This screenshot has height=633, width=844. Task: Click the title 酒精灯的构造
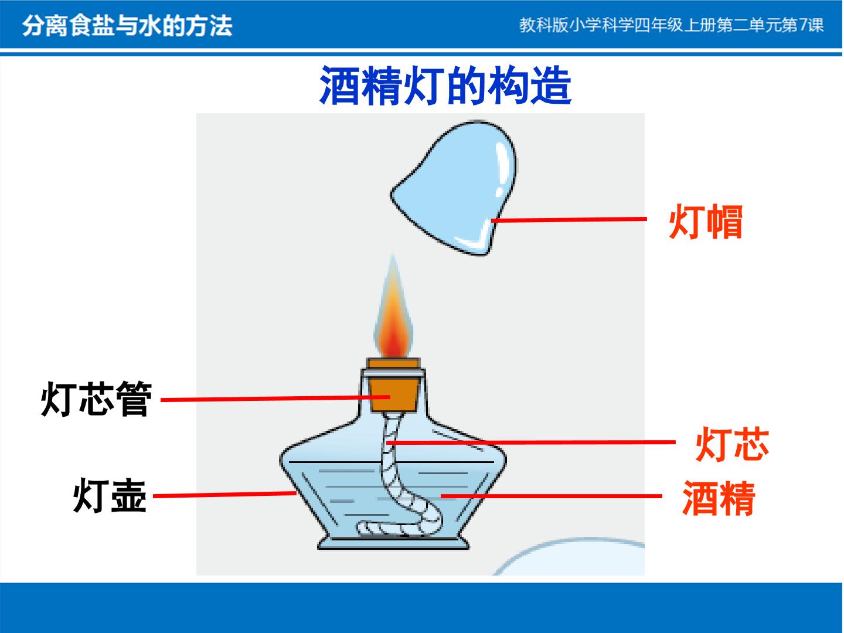click(x=445, y=86)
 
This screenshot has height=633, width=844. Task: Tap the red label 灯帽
click(x=706, y=222)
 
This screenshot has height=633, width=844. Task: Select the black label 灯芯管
click(x=96, y=399)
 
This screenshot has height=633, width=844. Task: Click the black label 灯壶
click(x=110, y=496)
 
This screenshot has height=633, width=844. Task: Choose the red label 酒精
click(x=719, y=498)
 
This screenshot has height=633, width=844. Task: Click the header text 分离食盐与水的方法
click(x=127, y=26)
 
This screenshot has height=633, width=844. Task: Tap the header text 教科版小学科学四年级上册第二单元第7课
click(x=671, y=25)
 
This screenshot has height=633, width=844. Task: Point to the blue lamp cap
click(x=454, y=188)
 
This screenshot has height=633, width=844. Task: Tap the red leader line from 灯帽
click(x=569, y=220)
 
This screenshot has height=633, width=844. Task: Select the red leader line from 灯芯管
click(x=275, y=399)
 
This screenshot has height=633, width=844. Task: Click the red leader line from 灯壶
click(x=224, y=495)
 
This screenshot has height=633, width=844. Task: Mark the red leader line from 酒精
click(x=551, y=496)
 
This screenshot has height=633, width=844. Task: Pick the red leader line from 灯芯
click(x=530, y=443)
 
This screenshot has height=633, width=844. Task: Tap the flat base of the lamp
click(x=393, y=543)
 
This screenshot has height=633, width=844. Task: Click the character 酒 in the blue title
click(x=339, y=86)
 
